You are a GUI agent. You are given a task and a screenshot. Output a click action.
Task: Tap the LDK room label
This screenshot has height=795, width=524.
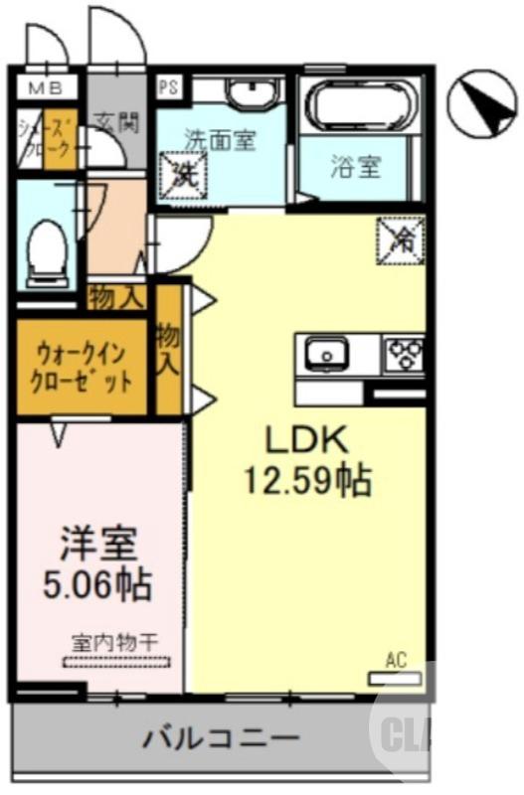[305, 439]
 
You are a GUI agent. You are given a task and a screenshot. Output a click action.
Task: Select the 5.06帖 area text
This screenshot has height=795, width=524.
[98, 584]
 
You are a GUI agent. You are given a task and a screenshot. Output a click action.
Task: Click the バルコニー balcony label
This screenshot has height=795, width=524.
[220, 738]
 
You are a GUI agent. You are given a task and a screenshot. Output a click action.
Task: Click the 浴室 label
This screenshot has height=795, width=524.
[355, 166]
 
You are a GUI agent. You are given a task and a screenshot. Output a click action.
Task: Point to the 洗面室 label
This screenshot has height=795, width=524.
[219, 141]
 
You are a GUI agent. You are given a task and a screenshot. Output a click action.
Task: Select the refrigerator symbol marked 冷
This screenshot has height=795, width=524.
[400, 239]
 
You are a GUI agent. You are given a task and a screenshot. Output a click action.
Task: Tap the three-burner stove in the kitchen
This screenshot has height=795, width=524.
[404, 353]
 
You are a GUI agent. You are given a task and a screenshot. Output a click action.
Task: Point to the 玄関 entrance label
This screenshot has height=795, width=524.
[116, 124]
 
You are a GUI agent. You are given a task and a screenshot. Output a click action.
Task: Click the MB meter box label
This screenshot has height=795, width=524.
[43, 87]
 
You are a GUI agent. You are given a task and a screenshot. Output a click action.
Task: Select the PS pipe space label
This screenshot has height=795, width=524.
[167, 85]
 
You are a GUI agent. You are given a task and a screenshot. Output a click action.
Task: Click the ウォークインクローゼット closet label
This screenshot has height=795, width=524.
[83, 366]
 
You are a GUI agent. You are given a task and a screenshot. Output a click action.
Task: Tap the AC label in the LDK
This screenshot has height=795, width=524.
[396, 660]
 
